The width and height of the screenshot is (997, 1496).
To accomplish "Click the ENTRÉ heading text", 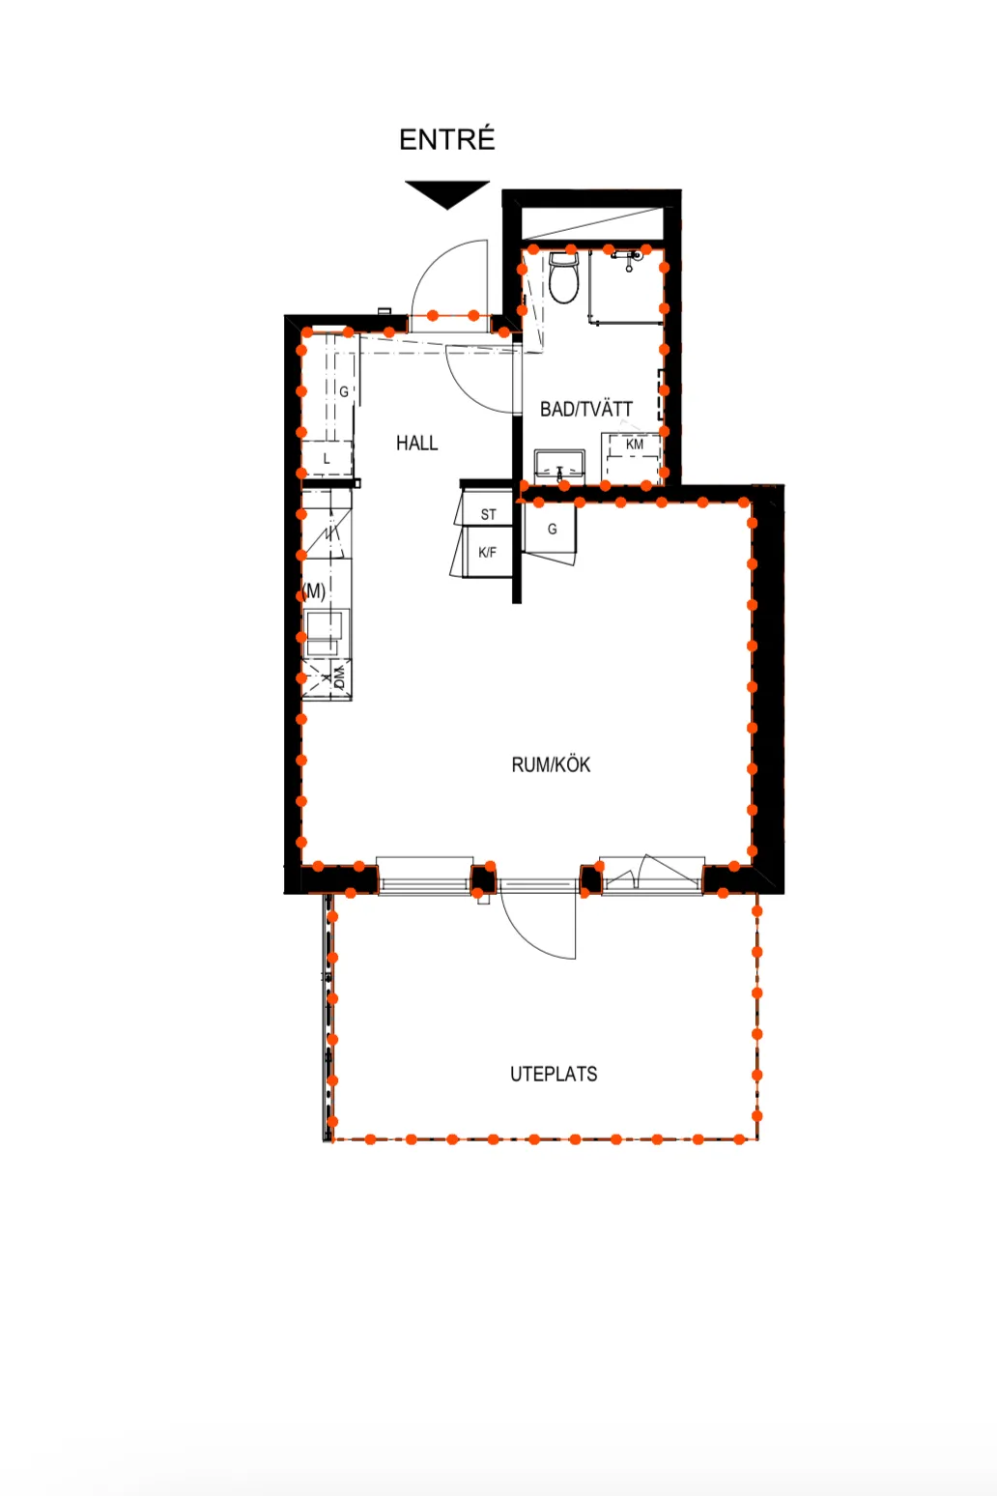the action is point(446,139).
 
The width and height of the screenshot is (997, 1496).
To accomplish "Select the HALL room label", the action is point(416,443).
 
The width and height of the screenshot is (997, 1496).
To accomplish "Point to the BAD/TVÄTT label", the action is point(586,409).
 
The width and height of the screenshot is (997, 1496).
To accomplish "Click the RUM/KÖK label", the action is point(551,764).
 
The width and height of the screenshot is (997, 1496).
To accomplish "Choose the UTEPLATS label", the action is point(554,1074).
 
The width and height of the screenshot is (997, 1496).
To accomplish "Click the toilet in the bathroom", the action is point(563,278).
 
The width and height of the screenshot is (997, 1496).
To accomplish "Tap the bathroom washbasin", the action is point(559,467).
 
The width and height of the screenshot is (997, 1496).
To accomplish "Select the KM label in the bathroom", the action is point(635,445).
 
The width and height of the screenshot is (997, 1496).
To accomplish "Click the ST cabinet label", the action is point(488,514).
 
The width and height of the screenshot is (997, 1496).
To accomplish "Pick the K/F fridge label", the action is point(488,553).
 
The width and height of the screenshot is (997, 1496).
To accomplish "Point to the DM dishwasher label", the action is point(340,677).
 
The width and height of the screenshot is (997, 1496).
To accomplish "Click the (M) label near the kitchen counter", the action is point(314,591).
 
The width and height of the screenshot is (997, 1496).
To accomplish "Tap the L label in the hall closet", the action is point(327,459).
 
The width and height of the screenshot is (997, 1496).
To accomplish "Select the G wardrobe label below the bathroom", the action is point(553,529).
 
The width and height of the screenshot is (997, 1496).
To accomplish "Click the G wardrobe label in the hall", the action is point(344,392).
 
